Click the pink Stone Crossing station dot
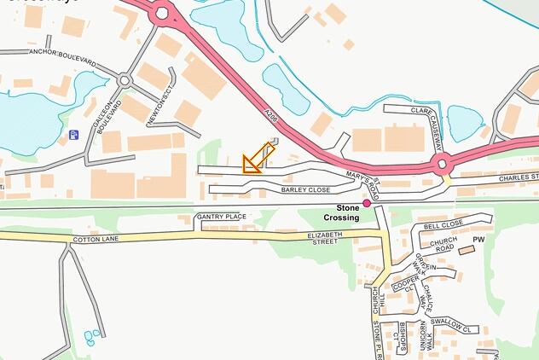[x=367, y=203]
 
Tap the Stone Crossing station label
[x=347, y=212]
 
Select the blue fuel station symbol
[x=74, y=134]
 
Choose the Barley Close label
[x=305, y=189]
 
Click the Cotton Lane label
[x=96, y=240]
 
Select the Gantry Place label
[x=222, y=217]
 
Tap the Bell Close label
[x=443, y=224]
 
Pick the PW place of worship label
[x=478, y=240]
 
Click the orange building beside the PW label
[x=466, y=251]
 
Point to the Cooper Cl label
[x=407, y=284]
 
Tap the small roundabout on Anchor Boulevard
[x=125, y=81]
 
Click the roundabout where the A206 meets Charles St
[x=441, y=163]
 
